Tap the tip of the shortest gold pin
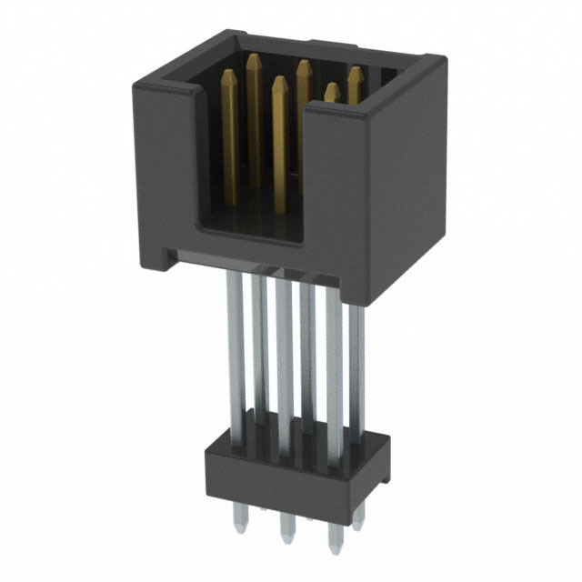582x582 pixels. tap(332, 88)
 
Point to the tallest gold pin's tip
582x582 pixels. tap(255, 57)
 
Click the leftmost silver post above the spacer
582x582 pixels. tap(234, 355)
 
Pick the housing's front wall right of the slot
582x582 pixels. tap(338, 182)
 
